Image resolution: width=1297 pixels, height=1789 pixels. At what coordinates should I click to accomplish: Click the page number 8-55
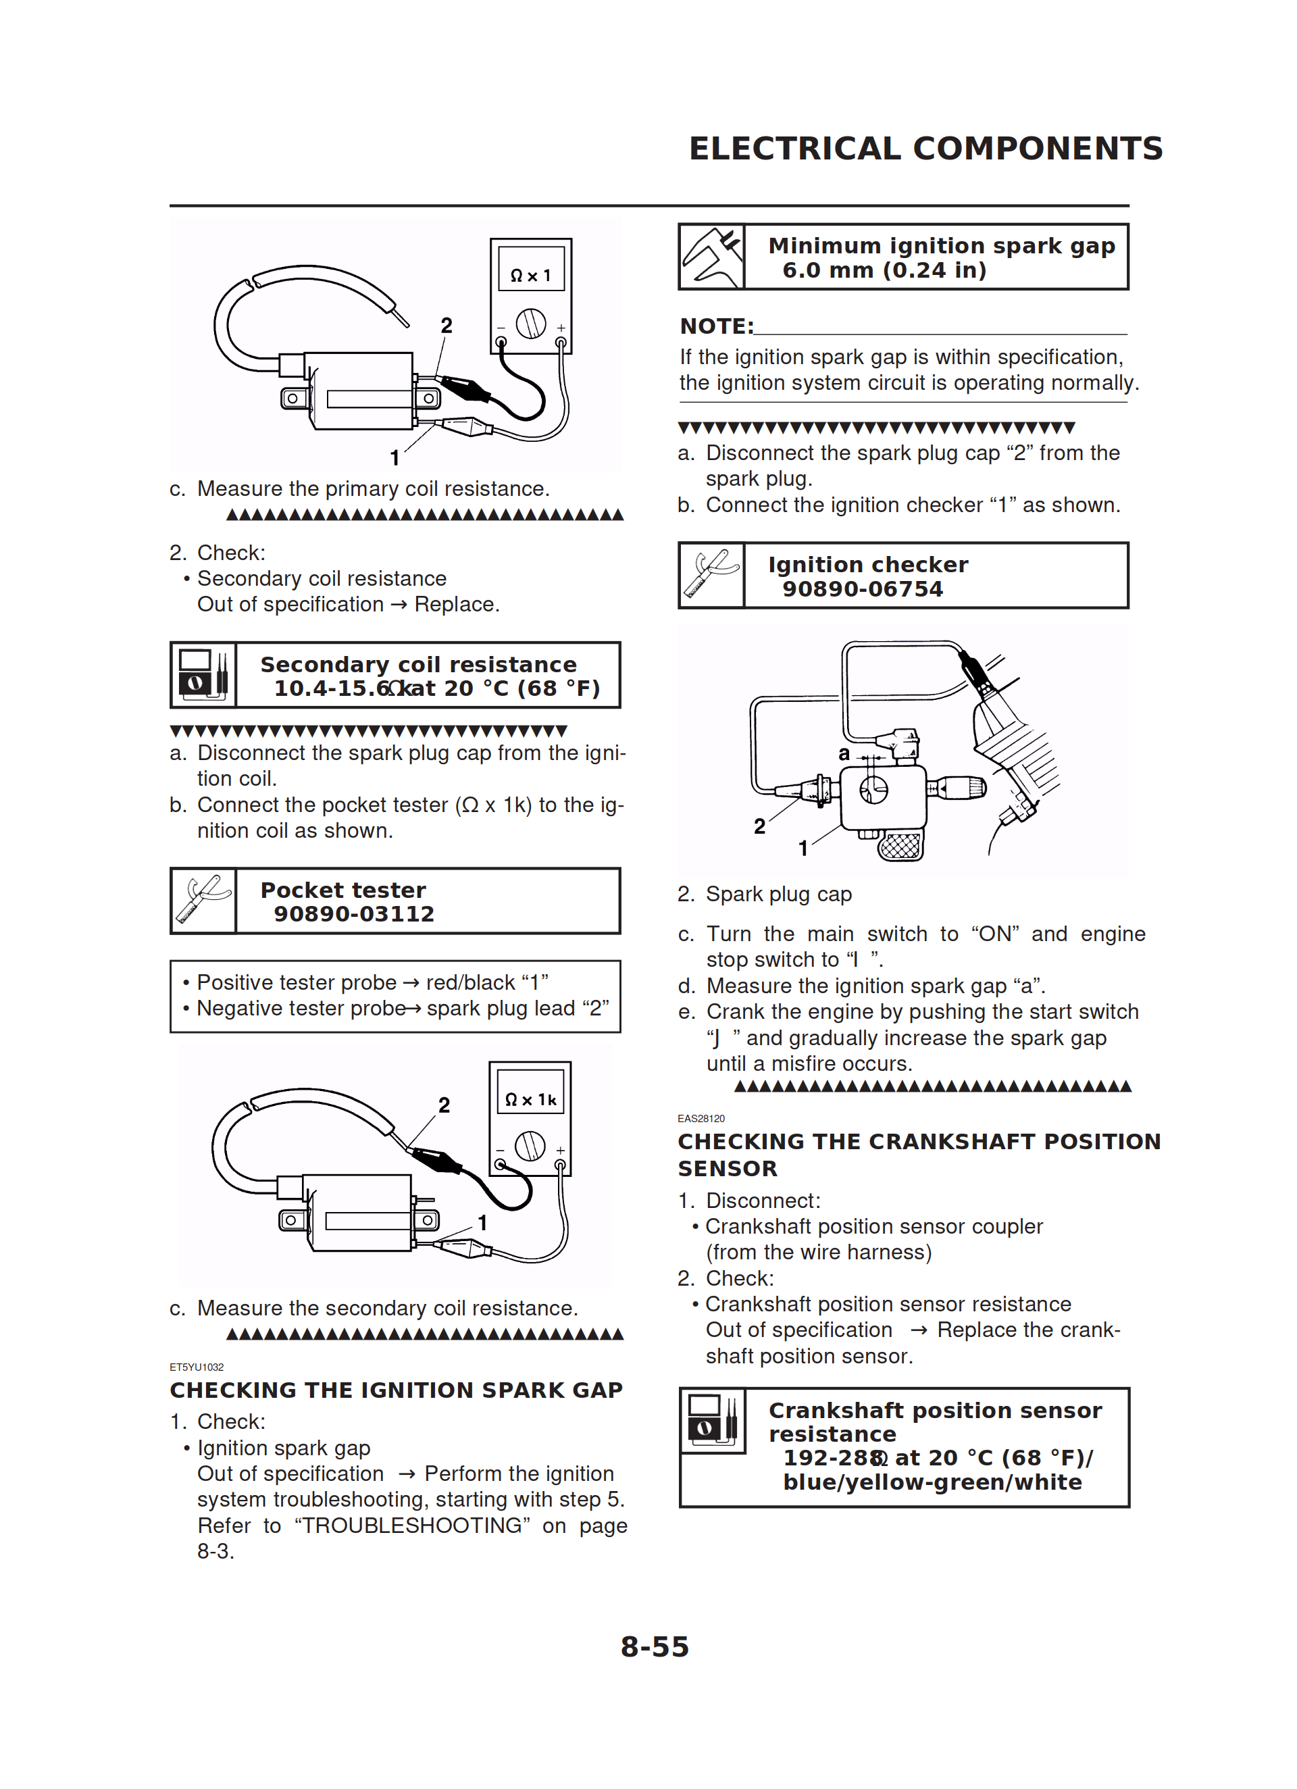tap(654, 1647)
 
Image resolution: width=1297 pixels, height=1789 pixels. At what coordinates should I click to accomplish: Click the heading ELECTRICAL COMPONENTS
tap(925, 149)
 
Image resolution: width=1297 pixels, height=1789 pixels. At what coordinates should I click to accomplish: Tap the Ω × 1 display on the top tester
tap(531, 275)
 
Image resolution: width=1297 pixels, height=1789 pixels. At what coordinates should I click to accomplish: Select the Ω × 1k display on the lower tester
tap(530, 1100)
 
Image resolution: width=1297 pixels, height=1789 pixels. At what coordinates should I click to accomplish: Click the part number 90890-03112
tap(354, 914)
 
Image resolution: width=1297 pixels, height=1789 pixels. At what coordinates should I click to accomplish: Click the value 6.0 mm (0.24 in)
tap(884, 270)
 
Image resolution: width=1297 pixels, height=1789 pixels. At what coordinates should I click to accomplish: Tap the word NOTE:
tap(716, 326)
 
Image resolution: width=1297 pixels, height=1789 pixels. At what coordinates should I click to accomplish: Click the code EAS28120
tap(701, 1119)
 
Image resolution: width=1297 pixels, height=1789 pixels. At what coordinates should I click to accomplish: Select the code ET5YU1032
tap(197, 1367)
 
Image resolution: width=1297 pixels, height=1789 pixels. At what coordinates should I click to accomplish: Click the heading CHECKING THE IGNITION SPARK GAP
tap(396, 1390)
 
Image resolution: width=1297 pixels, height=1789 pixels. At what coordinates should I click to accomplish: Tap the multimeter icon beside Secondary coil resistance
tap(203, 675)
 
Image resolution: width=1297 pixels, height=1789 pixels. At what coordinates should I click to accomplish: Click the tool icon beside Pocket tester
tap(203, 901)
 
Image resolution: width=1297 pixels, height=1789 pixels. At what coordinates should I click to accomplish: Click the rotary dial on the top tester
tap(530, 324)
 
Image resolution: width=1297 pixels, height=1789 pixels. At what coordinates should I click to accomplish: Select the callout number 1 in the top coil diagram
tap(395, 457)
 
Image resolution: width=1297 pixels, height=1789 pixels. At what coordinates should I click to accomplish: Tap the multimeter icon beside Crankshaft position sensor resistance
tap(713, 1421)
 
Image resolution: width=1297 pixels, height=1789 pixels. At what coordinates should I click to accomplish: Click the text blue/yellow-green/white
tap(932, 1482)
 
